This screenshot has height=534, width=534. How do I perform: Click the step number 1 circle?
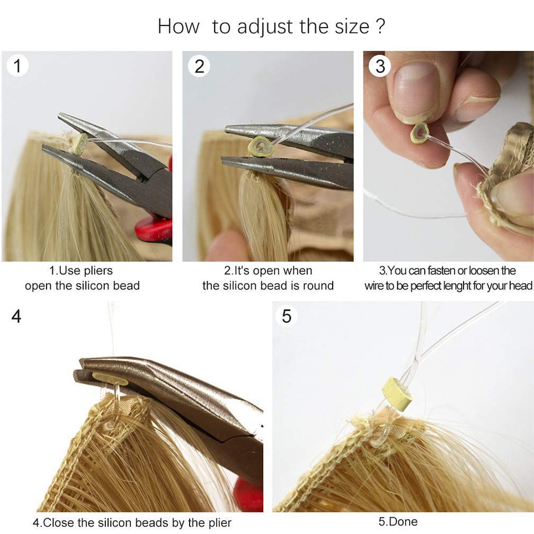(17, 65)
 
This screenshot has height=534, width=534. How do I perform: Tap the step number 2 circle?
(199, 66)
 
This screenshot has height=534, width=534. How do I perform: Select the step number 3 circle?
(380, 66)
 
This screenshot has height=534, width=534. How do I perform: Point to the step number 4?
(16, 316)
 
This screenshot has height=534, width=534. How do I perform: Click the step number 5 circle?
(287, 316)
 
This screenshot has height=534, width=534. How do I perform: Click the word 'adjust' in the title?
(265, 27)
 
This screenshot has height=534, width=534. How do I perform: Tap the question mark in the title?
(381, 26)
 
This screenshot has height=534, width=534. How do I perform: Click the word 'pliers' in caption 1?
(98, 271)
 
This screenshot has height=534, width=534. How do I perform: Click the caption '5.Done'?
(398, 521)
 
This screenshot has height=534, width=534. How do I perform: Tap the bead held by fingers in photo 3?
(420, 133)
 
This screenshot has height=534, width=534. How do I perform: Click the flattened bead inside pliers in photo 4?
(110, 378)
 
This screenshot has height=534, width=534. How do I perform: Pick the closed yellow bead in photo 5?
(397, 393)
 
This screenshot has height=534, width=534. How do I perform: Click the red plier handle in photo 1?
(154, 229)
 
